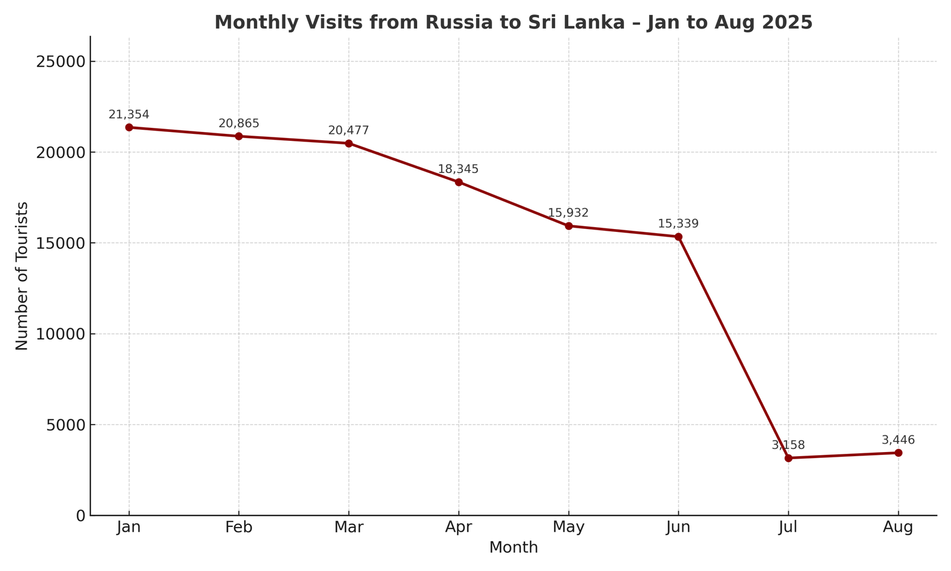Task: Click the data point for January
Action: tap(129, 127)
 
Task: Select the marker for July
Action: tap(788, 458)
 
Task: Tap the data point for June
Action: tap(678, 237)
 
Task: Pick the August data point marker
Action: tap(898, 453)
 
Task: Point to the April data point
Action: tap(459, 182)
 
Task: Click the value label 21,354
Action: tap(129, 115)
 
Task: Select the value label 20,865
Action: tap(239, 124)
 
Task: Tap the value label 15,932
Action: tap(568, 213)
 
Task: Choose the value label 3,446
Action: tap(898, 440)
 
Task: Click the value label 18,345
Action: tap(458, 170)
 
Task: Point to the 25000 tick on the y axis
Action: tap(61, 62)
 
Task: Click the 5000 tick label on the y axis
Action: tap(65, 425)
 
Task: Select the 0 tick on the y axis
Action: tap(81, 516)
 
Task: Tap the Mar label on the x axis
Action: tap(349, 528)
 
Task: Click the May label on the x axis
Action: tap(569, 528)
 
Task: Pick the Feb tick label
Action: tap(239, 528)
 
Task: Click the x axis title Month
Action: tap(514, 548)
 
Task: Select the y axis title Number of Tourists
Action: tap(22, 276)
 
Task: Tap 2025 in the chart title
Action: tap(788, 23)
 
